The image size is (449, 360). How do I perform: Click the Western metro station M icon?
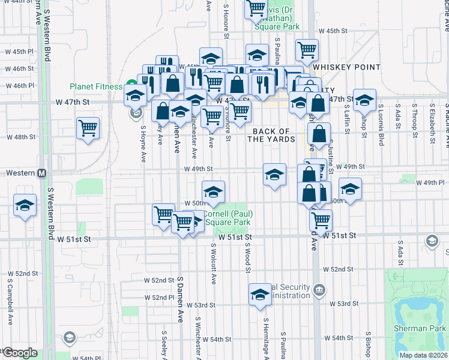(42, 173)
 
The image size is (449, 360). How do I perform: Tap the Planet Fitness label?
(95, 86)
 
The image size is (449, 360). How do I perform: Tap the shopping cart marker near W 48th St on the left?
(88, 128)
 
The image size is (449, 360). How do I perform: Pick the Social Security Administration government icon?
(319, 291)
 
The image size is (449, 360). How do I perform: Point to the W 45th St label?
(333, 31)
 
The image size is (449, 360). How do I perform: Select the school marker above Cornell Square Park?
(213, 192)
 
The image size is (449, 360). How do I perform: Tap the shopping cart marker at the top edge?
(256, 8)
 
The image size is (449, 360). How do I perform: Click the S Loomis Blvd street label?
(381, 126)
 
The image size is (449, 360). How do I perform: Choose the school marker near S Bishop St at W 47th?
(364, 100)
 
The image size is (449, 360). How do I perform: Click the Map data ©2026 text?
(423, 355)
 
